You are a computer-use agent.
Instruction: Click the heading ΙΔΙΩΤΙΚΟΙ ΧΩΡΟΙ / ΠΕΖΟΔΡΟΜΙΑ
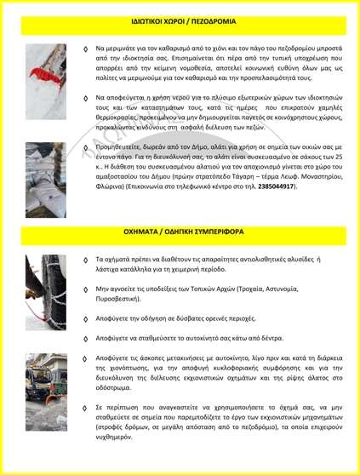coord(184,21)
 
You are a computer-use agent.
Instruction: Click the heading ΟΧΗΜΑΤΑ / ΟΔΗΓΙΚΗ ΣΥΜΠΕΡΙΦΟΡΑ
coord(184,232)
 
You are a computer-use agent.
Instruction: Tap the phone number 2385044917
coord(276,186)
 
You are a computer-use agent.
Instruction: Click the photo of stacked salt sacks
coord(46,180)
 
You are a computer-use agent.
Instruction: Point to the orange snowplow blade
coord(55,398)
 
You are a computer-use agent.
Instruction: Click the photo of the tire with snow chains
coord(46,292)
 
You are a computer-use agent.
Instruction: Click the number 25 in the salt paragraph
coord(339,157)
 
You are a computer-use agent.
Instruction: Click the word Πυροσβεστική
coord(117,299)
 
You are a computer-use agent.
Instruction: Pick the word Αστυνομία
coord(282,289)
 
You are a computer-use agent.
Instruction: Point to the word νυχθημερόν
coord(113,438)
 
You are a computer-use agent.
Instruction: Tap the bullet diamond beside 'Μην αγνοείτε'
coord(85,289)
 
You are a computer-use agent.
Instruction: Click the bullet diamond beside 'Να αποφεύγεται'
coord(85,98)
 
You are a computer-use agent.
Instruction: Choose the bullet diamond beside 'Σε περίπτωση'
coord(85,408)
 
